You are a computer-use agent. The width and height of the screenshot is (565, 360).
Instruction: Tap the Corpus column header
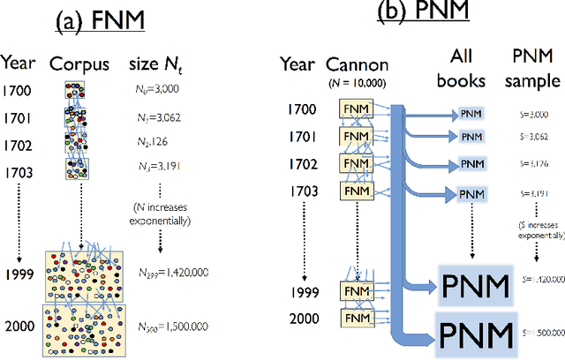click(79, 64)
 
